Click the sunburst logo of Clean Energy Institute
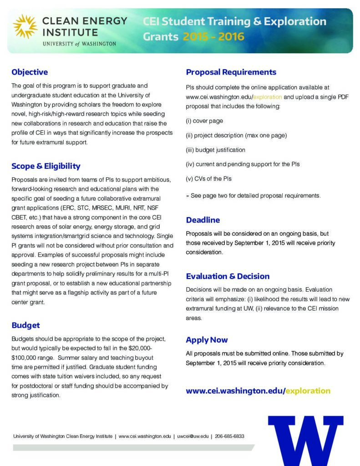tap(25, 26)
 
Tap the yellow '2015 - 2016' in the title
tap(213, 36)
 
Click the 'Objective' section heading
tap(30, 72)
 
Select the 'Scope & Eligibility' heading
tap(46, 166)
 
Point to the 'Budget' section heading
tap(25, 325)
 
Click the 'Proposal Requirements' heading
tap(231, 72)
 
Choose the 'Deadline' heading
tap(203, 220)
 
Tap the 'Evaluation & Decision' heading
tap(228, 276)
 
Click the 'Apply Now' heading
tap(207, 339)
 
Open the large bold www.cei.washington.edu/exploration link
tap(258, 390)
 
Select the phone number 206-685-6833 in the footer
tap(229, 436)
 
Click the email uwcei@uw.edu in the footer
tap(193, 436)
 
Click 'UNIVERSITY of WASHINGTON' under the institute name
tap(79, 44)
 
